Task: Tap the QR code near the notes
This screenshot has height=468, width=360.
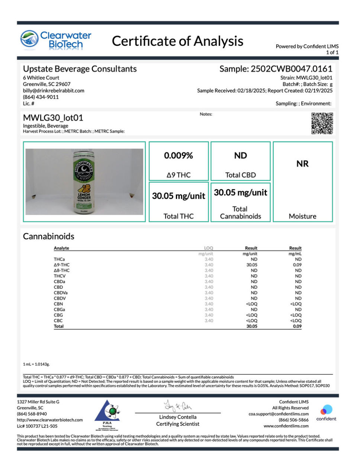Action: tap(322, 123)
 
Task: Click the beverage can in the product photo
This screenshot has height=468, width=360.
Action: tap(84, 182)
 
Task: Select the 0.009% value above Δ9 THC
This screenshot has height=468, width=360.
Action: tap(179, 156)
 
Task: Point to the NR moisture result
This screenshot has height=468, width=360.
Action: tap(302, 164)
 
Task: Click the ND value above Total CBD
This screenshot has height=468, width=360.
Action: tap(241, 156)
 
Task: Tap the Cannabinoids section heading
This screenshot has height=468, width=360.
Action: tap(49, 236)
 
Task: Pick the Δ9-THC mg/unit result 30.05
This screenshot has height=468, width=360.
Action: tap(252, 265)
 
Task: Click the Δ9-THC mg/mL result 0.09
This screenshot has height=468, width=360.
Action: tap(297, 265)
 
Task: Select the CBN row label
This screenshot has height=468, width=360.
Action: tap(58, 304)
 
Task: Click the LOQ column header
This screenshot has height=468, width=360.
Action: tap(209, 248)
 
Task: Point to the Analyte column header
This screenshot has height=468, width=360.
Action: tap(61, 248)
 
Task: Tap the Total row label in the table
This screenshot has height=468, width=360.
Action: tap(59, 326)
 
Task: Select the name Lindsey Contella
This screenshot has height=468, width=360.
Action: tap(178, 417)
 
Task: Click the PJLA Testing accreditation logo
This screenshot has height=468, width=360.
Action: tap(107, 414)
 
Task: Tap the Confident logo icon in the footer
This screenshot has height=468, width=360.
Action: tap(326, 410)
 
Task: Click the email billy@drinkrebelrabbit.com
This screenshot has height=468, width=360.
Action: tap(54, 90)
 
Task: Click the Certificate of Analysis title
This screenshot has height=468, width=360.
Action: tap(178, 41)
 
